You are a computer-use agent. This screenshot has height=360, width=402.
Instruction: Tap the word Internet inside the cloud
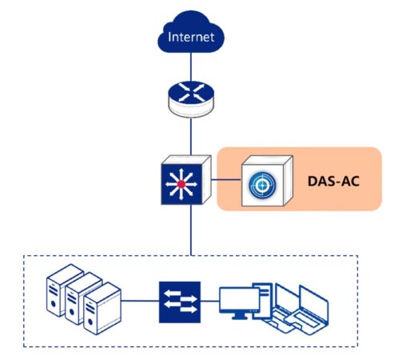191,37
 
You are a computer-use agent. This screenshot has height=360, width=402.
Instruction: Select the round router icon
191,98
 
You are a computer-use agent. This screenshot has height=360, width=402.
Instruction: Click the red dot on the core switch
181,184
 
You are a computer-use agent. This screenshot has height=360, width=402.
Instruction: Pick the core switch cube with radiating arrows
186,180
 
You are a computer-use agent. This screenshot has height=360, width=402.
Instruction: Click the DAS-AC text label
333,182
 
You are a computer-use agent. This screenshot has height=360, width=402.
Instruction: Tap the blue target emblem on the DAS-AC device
262,185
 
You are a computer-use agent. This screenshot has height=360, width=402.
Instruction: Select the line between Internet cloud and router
191,67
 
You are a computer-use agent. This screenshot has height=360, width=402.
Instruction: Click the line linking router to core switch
191,136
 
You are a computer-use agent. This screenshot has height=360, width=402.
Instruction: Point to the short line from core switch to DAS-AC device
226,180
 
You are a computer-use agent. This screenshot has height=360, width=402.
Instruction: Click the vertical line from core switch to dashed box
191,230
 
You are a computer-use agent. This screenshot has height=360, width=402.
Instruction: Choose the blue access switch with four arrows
180,302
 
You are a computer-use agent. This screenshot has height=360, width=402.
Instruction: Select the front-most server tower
102,309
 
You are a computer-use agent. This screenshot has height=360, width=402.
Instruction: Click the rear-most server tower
64,290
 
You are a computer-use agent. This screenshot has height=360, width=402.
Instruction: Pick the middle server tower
83,298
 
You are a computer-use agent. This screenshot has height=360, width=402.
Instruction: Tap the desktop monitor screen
239,300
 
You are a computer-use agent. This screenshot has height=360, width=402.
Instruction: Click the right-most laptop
309,309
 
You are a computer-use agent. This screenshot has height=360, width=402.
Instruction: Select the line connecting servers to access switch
140,301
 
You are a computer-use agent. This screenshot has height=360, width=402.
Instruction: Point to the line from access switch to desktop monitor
210,301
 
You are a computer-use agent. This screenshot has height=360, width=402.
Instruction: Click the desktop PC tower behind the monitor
264,301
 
